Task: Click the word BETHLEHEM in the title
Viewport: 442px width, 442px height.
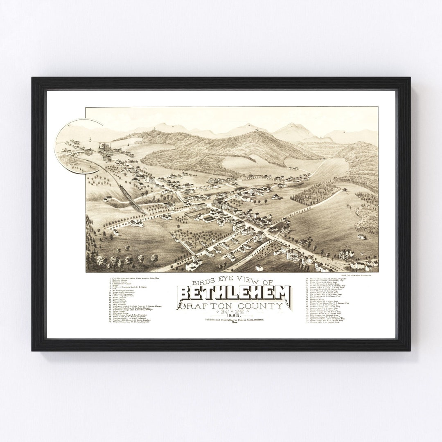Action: click(x=234, y=293)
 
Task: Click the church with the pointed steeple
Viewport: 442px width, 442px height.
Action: click(x=170, y=205)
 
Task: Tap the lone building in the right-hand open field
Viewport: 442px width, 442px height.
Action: click(x=361, y=236)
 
